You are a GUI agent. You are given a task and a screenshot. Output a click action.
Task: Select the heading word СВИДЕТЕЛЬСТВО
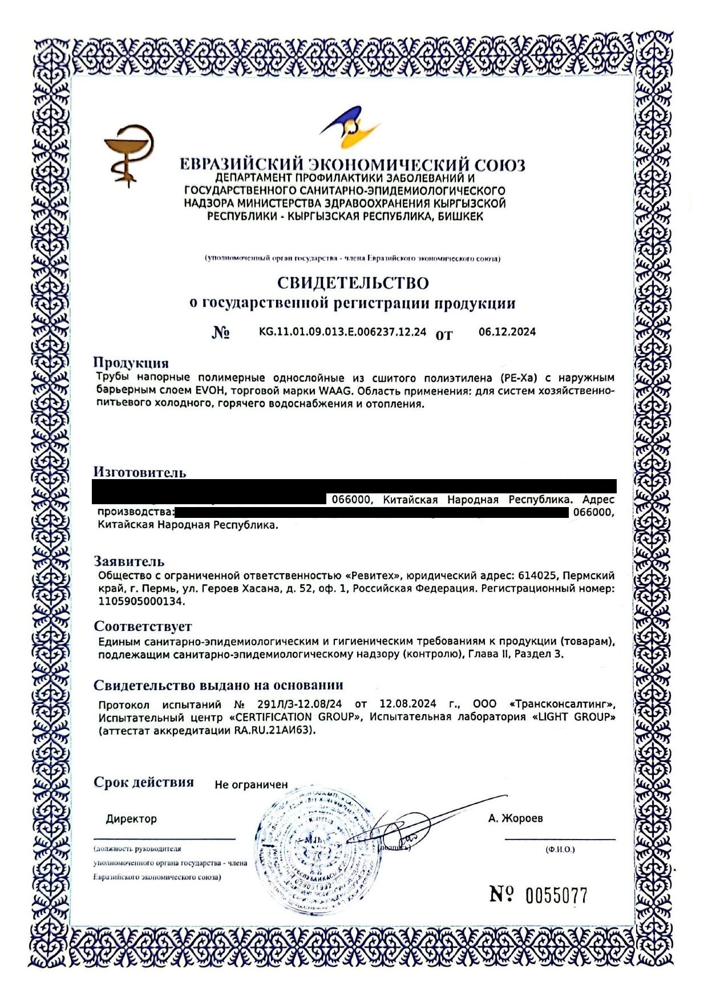pyautogui.click(x=353, y=283)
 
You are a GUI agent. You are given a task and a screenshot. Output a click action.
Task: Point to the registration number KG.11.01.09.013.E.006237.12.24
pyautogui.click(x=342, y=332)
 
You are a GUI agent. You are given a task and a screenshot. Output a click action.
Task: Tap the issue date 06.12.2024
pyautogui.click(x=507, y=332)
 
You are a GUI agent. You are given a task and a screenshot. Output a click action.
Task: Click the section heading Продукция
pyautogui.click(x=131, y=363)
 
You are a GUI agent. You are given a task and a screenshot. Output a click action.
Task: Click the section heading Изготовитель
pyautogui.click(x=140, y=472)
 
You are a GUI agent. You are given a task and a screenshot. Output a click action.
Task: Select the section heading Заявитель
pyautogui.click(x=129, y=561)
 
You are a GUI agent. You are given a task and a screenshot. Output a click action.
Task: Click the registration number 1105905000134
pyautogui.click(x=141, y=601)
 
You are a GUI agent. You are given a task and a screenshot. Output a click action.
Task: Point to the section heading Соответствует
pyautogui.click(x=143, y=626)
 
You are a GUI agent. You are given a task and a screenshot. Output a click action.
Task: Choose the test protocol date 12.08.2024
pyautogui.click(x=408, y=704)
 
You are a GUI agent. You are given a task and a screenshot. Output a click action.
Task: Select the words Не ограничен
pyautogui.click(x=251, y=785)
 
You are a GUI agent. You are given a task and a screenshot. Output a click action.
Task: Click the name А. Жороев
pyautogui.click(x=515, y=818)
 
